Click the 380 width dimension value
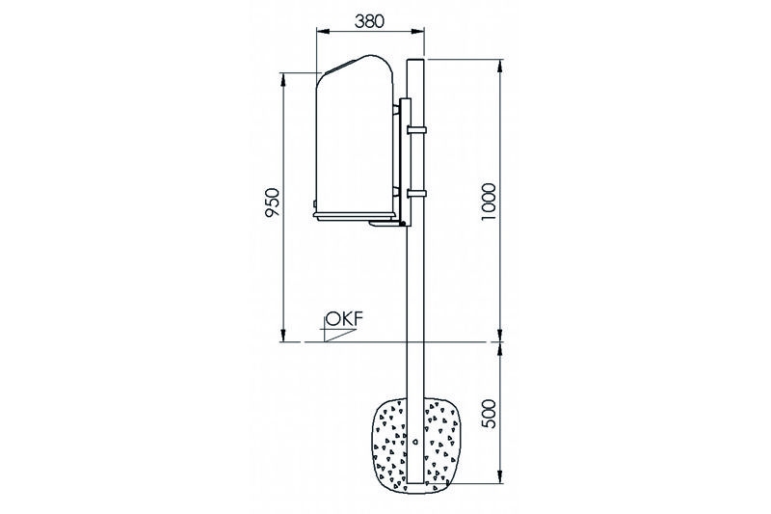click(369, 20)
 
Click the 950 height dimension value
click(272, 203)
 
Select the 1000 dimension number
click(489, 202)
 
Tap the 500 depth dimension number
click(489, 412)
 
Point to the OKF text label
click(345, 319)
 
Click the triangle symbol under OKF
click(339, 335)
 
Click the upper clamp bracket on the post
click(416, 130)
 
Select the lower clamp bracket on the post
click(416, 193)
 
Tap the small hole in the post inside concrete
click(416, 442)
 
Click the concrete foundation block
click(416, 446)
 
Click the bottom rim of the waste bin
click(354, 215)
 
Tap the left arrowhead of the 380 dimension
click(322, 32)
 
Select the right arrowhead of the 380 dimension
click(418, 32)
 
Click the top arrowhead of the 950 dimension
click(282, 79)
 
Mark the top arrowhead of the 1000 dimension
click(500, 65)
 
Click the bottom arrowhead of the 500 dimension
click(500, 477)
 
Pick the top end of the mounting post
click(416, 60)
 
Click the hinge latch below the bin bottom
click(388, 224)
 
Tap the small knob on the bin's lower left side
click(315, 203)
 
